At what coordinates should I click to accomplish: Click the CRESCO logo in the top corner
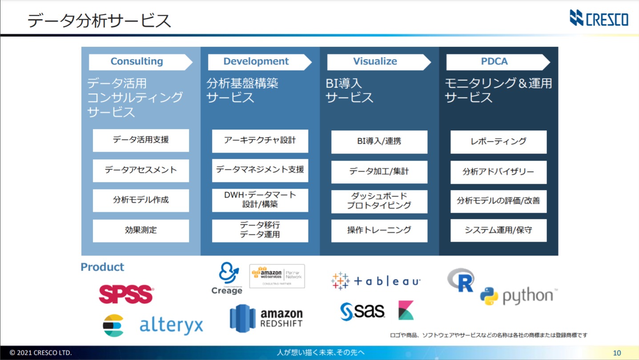pyautogui.click(x=599, y=18)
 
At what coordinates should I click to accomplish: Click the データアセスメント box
pyautogui.click(x=141, y=170)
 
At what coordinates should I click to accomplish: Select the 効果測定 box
pyautogui.click(x=141, y=231)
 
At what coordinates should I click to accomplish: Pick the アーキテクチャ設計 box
pyautogui.click(x=260, y=140)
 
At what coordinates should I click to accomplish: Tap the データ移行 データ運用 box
pyautogui.click(x=260, y=230)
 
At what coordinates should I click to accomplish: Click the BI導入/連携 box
pyautogui.click(x=379, y=142)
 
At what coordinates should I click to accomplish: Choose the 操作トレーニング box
pyautogui.click(x=379, y=231)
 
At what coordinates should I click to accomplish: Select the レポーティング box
pyautogui.click(x=498, y=142)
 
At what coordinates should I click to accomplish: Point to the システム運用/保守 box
pyautogui.click(x=498, y=231)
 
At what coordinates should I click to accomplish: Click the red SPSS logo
pyautogui.click(x=126, y=294)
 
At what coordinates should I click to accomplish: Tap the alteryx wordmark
pyautogui.click(x=171, y=325)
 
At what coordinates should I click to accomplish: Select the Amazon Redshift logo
pyautogui.click(x=266, y=318)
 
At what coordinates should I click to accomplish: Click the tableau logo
pyautogui.click(x=376, y=281)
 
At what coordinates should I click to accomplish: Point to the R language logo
pyautogui.click(x=461, y=280)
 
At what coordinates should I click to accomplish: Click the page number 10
pyautogui.click(x=617, y=353)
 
